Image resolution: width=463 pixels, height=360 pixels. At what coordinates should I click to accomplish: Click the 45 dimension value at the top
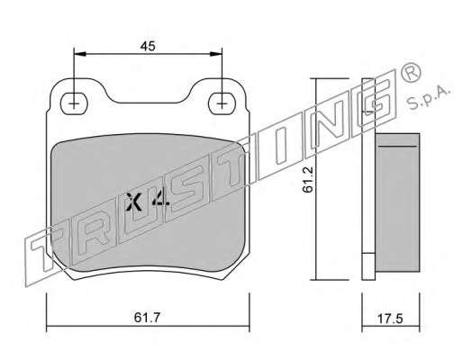coord(148,46)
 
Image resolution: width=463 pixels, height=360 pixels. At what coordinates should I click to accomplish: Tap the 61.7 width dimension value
coord(148,318)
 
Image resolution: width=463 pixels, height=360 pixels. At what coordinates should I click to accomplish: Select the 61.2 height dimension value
coord(308,179)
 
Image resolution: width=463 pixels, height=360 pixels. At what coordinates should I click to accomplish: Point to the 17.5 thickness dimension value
coord(390,319)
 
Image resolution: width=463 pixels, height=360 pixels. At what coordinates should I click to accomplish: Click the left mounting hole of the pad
coord(74,103)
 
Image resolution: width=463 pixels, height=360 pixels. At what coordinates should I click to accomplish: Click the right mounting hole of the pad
coord(222,103)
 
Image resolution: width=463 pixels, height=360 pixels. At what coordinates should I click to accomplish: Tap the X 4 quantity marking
coord(148,201)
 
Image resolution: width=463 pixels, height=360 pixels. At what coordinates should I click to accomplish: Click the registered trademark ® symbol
coord(411,72)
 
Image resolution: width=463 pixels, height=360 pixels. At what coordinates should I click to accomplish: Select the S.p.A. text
coord(429,97)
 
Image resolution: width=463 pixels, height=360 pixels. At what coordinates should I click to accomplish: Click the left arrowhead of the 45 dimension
coord(80,54)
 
